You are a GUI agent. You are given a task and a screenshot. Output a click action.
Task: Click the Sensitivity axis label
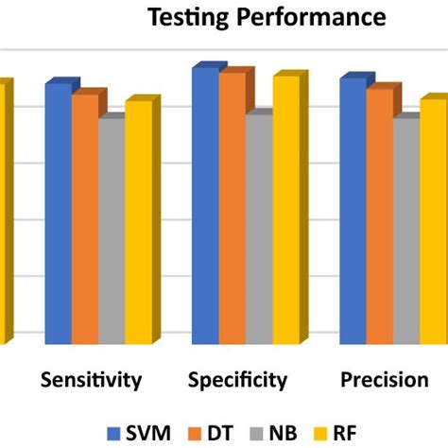pyautogui.click(x=92, y=381)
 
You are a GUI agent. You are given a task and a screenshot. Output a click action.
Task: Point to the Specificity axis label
pyautogui.click(x=238, y=381)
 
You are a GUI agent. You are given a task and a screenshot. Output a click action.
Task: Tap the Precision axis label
pyautogui.click(x=384, y=381)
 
